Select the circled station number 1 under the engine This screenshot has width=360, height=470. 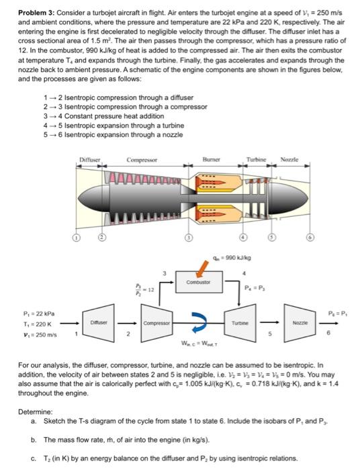[x=77, y=239]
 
